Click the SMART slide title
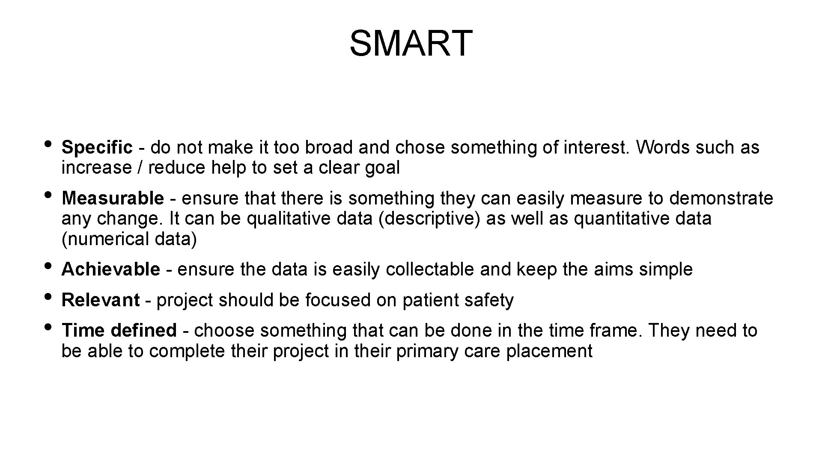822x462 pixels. coord(411,43)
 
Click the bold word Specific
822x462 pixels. coord(97,148)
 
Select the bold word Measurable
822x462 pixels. coord(113,198)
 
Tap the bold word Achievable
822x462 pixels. coord(111,269)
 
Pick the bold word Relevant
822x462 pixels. coord(101,300)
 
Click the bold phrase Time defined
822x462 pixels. coord(119,331)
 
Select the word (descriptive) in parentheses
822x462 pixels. coord(429,219)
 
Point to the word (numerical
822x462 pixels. coord(106,239)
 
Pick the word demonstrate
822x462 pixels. coord(721,198)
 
